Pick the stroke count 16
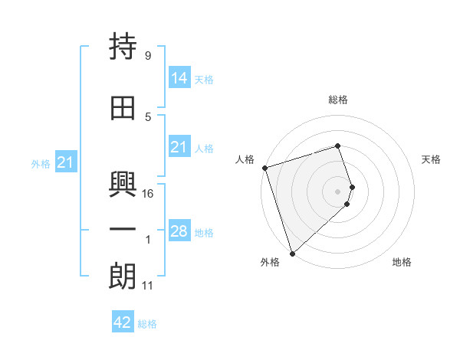(149, 194)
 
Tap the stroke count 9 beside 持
(147, 56)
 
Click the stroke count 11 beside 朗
(148, 286)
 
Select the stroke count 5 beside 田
(147, 117)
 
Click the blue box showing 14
(179, 78)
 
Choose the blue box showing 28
(179, 231)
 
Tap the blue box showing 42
(123, 322)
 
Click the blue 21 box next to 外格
(66, 162)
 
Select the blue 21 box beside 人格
(179, 147)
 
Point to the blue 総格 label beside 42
(147, 324)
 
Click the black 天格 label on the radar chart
(432, 159)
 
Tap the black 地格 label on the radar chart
(402, 263)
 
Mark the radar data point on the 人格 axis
(264, 168)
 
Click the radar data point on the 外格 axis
(292, 253)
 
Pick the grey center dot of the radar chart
(338, 191)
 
